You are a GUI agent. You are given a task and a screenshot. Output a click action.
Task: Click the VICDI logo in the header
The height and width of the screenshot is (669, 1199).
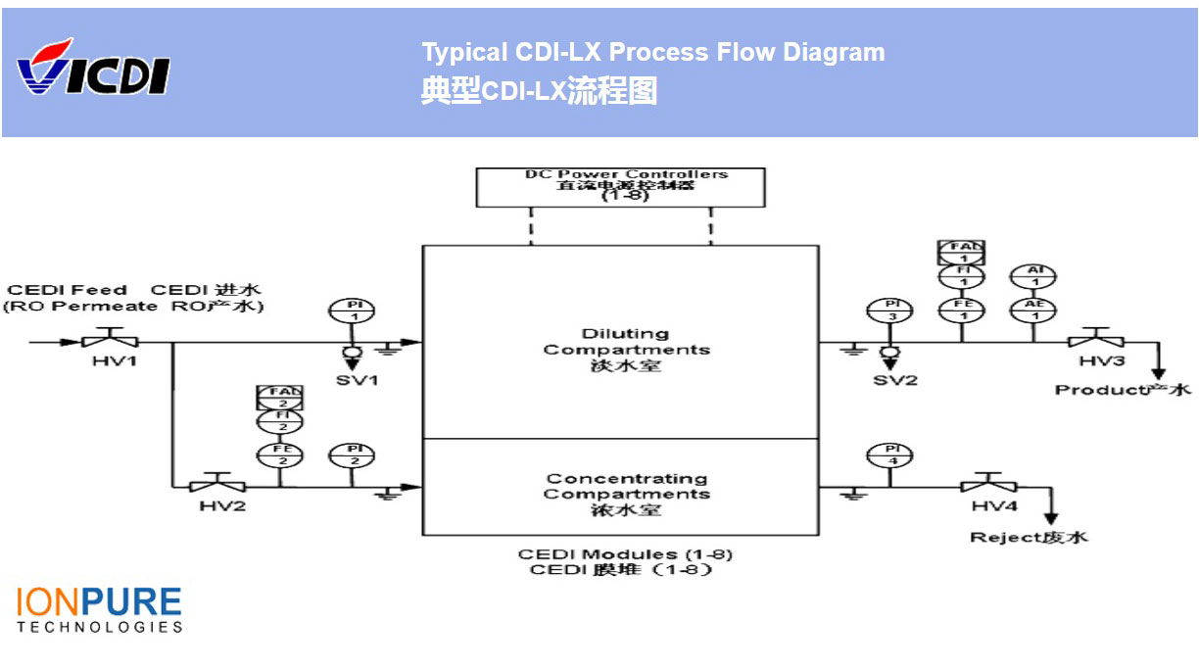(x=93, y=69)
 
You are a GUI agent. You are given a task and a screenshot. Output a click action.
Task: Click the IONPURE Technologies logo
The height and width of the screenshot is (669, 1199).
(x=99, y=609)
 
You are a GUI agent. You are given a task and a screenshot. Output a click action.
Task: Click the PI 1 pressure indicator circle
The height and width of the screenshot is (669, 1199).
(x=354, y=311)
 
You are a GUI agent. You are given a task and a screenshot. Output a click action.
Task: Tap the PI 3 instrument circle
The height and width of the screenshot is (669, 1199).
(x=889, y=311)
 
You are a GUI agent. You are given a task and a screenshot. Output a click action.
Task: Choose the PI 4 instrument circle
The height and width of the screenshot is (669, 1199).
(x=889, y=454)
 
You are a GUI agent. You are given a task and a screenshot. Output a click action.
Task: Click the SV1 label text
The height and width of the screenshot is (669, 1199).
(x=357, y=379)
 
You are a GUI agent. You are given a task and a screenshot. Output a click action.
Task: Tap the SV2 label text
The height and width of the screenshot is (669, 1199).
(x=895, y=379)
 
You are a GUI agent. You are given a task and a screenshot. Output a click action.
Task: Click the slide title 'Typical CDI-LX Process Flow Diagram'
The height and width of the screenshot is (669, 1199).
(x=652, y=53)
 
